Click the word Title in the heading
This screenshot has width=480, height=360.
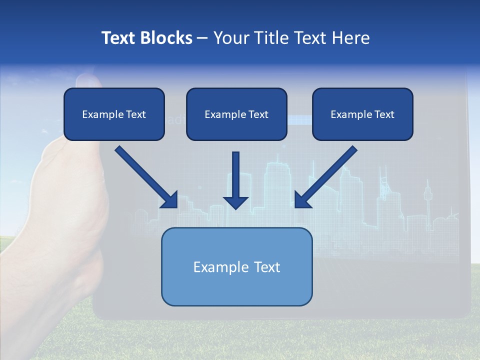click(x=269, y=38)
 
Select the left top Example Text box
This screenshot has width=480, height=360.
click(x=114, y=114)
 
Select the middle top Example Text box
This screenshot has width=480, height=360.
click(x=236, y=114)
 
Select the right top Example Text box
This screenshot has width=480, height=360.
click(x=362, y=114)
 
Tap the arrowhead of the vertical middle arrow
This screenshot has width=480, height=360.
click(x=235, y=202)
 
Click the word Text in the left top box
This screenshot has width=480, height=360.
click(x=135, y=114)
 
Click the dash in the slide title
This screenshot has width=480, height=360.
click(x=202, y=38)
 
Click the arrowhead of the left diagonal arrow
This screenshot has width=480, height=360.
click(x=170, y=200)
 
